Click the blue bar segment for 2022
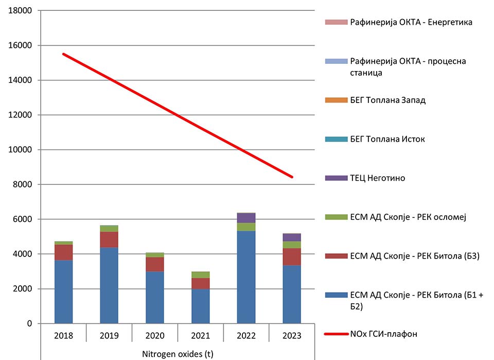coord(246,277)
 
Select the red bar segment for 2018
coord(63,252)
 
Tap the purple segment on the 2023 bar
coord(292,237)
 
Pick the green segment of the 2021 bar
coord(201,275)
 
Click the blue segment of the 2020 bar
coord(155,297)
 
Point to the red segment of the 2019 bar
coord(109,239)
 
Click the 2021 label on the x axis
coord(201,336)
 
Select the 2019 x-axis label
coord(109,336)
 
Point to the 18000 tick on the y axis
coord(21,11)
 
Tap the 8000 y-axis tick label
coord(23,184)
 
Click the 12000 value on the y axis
coord(21,115)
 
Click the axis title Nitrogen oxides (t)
coord(178,354)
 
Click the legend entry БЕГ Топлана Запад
coord(387,100)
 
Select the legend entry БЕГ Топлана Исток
coord(387,139)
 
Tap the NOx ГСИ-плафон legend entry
coord(383,334)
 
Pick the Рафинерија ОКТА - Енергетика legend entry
coord(411,22)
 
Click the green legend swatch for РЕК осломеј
coord(336,217)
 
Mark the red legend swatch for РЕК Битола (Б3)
coord(336,256)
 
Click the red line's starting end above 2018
coord(64,54)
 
